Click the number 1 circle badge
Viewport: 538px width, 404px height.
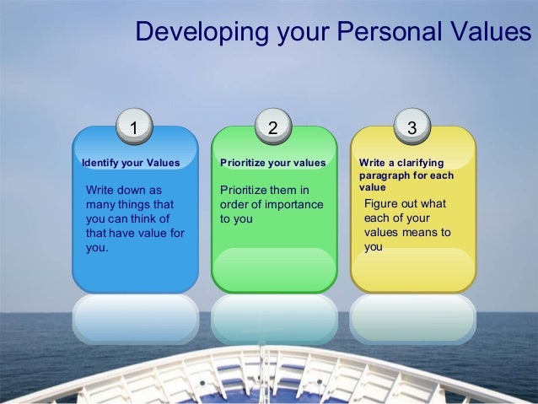135,127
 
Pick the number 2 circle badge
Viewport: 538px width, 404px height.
272,127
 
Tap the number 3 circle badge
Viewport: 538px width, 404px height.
412,127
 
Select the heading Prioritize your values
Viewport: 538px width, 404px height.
272,162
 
